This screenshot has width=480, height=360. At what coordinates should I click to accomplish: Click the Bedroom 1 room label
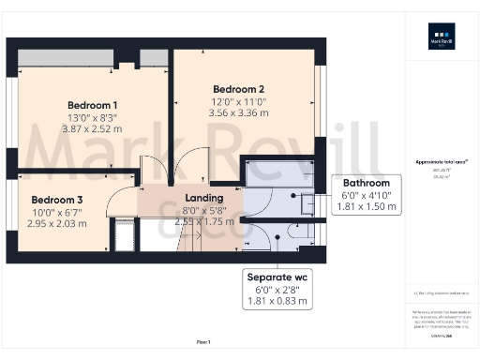(92, 104)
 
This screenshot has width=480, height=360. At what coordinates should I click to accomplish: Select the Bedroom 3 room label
(57, 200)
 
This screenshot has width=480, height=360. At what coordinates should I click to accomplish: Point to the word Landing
(204, 198)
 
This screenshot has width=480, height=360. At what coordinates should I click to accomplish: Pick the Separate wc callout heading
(281, 277)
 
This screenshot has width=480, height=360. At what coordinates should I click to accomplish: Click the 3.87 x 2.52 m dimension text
(92, 128)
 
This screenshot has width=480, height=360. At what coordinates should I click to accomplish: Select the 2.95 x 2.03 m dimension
(57, 223)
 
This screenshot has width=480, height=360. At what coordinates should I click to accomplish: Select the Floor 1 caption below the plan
(203, 342)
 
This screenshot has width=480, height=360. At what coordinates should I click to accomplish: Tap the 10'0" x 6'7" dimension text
(57, 212)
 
